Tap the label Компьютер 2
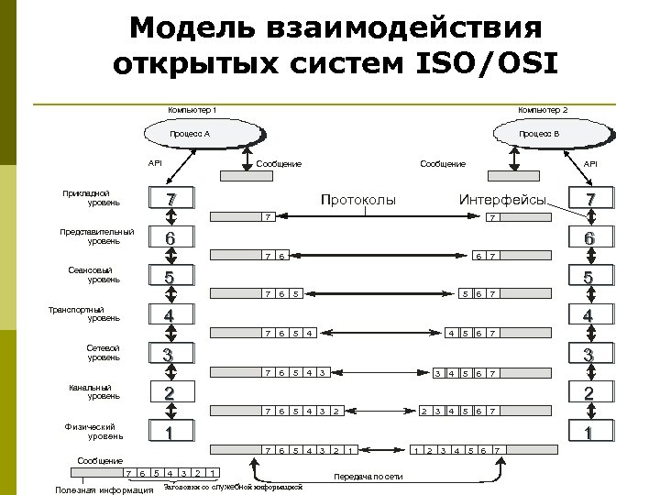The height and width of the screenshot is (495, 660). pyautogui.click(x=543, y=110)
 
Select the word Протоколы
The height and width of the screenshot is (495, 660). pyautogui.click(x=357, y=199)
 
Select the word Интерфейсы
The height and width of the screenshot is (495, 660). pyautogui.click(x=503, y=199)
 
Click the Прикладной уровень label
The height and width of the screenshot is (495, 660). pyautogui.click(x=85, y=197)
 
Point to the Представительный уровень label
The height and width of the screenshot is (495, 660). pyautogui.click(x=97, y=236)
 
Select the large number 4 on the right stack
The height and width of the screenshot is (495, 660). pyautogui.click(x=590, y=315)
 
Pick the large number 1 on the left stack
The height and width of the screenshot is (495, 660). pyautogui.click(x=169, y=432)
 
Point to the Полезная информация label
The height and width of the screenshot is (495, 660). pyautogui.click(x=104, y=489)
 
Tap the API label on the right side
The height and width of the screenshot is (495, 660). pyautogui.click(x=590, y=164)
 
